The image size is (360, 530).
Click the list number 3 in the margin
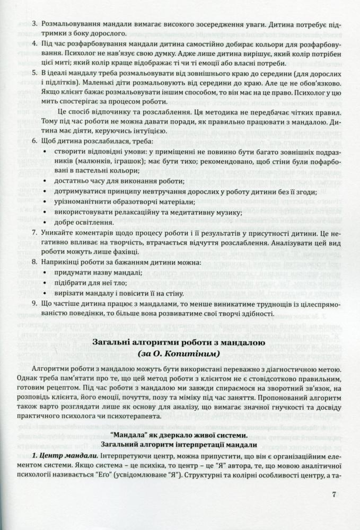tap(34, 23)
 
